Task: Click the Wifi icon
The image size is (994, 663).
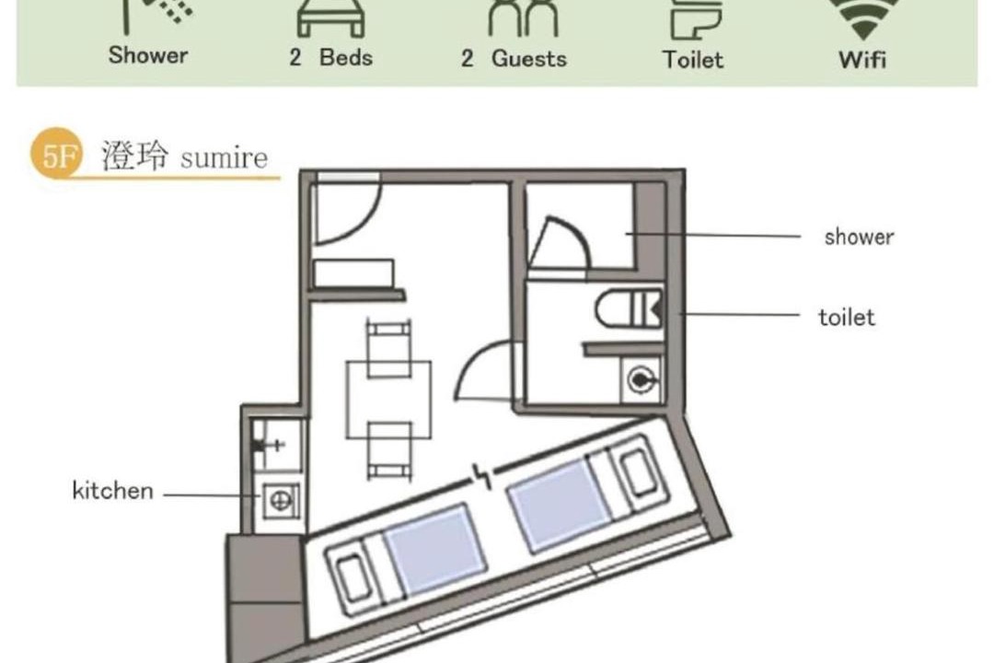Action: (862, 17)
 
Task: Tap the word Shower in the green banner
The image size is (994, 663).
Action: (147, 55)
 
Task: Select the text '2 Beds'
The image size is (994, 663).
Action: (331, 57)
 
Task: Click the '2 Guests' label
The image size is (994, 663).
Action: (514, 58)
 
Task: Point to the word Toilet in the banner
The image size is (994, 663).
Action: (693, 60)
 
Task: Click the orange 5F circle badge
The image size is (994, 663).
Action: (57, 153)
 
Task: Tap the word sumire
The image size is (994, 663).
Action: (224, 158)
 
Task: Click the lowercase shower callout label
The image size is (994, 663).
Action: (859, 237)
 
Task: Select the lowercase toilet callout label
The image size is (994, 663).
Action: (847, 317)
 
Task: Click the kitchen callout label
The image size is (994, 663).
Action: (113, 491)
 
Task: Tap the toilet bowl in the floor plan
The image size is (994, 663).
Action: (629, 308)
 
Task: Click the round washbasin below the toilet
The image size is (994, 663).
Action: (641, 380)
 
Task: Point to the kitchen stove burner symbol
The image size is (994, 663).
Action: (281, 501)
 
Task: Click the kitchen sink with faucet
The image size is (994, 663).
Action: (277, 444)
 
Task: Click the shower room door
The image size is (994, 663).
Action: (558, 243)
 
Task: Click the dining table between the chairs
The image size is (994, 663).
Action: (388, 400)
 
